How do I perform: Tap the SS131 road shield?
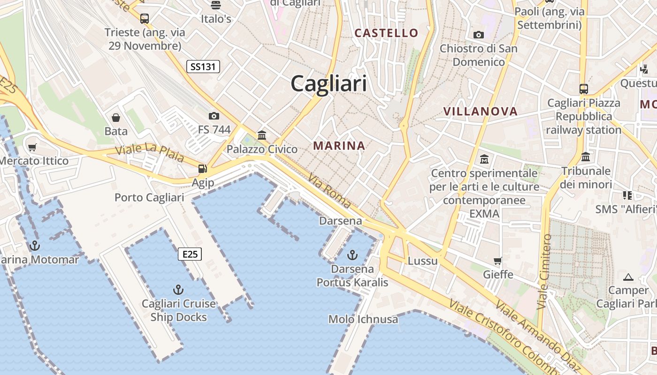point(203,67)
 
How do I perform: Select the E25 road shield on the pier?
point(190,254)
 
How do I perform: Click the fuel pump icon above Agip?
point(203,169)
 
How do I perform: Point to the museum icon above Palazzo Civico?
point(262,135)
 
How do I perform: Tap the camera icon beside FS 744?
point(214,116)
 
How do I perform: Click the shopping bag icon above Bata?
point(116,117)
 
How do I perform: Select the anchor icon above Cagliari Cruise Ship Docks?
point(178,289)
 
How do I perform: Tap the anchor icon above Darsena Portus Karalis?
point(352,255)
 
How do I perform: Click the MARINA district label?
point(339,146)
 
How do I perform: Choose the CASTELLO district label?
point(386,33)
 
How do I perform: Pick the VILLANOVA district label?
point(481,112)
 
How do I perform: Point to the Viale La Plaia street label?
point(150,152)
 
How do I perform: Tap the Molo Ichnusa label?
point(363,319)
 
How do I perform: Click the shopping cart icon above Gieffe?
point(498,261)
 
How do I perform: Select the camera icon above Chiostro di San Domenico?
point(479,35)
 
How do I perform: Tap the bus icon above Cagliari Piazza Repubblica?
point(584,89)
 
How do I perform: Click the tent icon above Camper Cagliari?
point(628,277)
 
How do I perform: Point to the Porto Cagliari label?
point(149,197)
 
